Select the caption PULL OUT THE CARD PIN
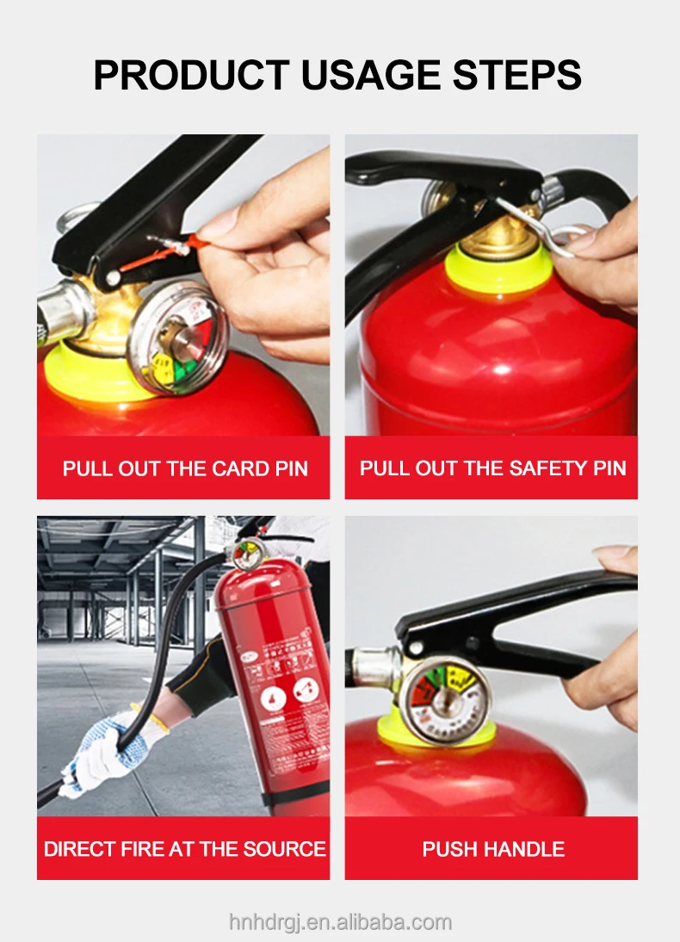[x=184, y=469]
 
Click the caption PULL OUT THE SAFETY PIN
[x=492, y=469]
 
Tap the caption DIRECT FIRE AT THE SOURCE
[x=184, y=849]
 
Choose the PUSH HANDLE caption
[x=492, y=849]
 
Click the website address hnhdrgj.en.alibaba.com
[x=340, y=922]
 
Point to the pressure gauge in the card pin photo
[x=178, y=340]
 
